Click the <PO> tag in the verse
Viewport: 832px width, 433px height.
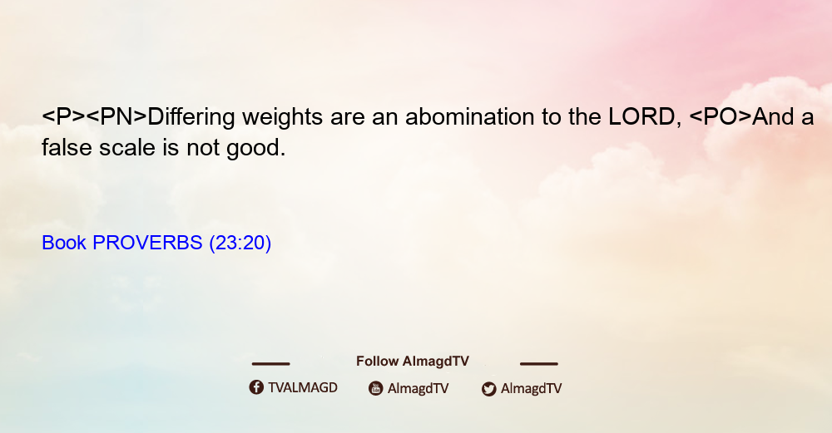(x=721, y=116)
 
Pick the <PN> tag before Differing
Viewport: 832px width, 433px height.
(x=116, y=116)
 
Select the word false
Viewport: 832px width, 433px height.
(x=67, y=147)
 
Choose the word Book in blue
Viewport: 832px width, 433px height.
(x=64, y=243)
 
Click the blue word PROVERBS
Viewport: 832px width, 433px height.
(x=147, y=243)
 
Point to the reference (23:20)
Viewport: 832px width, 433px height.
(x=240, y=243)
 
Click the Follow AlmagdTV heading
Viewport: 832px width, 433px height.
(x=413, y=362)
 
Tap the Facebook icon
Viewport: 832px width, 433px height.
(x=256, y=387)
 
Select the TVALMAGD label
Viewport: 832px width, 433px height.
(x=303, y=387)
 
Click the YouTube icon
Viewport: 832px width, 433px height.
(x=376, y=388)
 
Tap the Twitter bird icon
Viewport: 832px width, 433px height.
(x=488, y=389)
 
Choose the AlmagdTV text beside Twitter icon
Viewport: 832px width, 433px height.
(x=531, y=388)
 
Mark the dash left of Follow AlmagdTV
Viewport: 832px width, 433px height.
(x=270, y=364)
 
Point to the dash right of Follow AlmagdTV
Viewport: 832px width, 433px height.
(x=539, y=364)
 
